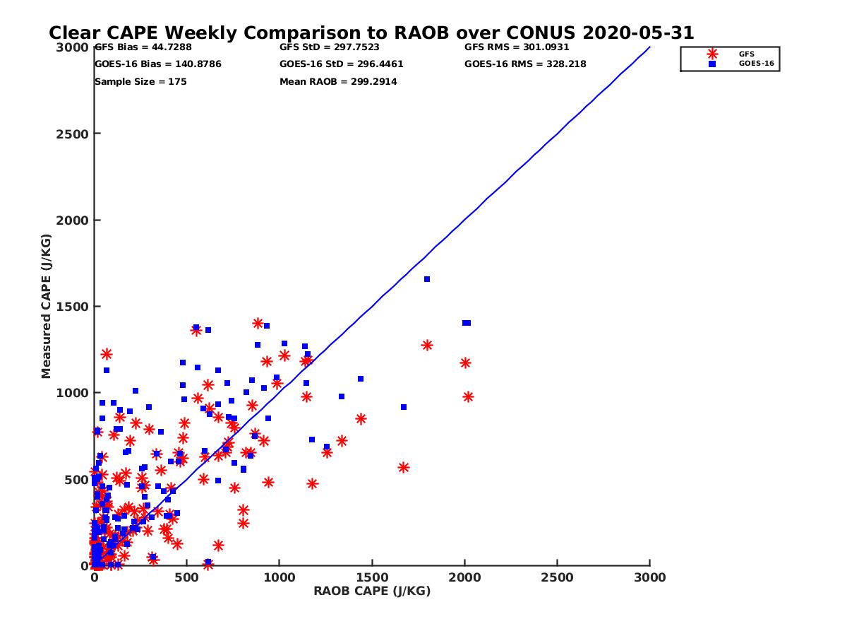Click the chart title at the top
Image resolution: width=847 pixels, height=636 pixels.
(x=371, y=33)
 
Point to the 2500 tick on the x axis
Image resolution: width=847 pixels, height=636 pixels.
(x=558, y=577)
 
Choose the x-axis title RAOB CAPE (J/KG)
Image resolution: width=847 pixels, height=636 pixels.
(x=372, y=591)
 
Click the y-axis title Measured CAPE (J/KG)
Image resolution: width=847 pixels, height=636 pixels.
(x=47, y=306)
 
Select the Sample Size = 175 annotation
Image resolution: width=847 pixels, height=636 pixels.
(x=140, y=82)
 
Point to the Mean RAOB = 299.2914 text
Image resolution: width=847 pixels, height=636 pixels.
(x=338, y=82)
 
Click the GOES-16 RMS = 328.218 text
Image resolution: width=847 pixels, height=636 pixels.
(x=525, y=64)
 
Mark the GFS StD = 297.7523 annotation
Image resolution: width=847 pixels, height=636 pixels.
(x=330, y=47)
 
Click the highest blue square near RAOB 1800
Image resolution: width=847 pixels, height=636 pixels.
(x=427, y=279)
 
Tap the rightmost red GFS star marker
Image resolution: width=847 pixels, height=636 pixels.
(x=468, y=397)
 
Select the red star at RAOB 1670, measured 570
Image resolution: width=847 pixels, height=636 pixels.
(x=404, y=467)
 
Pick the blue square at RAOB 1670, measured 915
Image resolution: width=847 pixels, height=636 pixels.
(x=404, y=407)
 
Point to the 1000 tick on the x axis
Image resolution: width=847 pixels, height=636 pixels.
(x=280, y=577)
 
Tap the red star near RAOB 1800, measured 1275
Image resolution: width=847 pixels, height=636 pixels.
(x=427, y=345)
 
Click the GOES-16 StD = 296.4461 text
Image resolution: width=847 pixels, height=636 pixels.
(x=341, y=64)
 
